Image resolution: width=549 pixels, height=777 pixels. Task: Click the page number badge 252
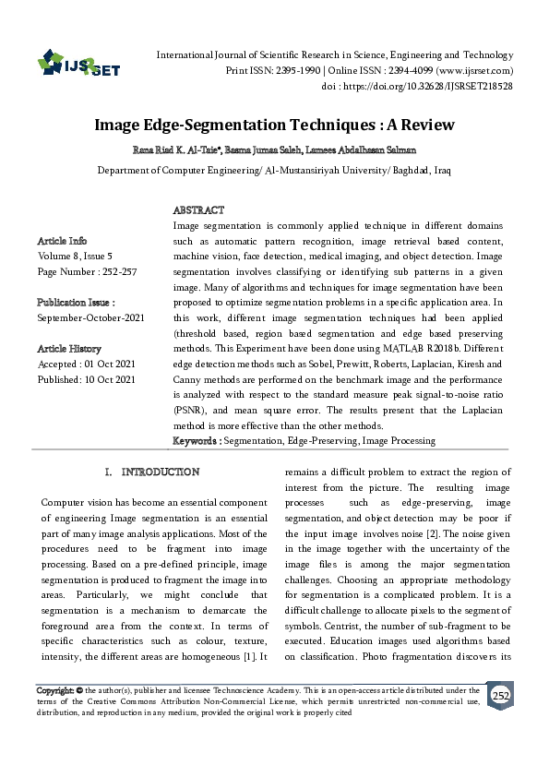(498, 696)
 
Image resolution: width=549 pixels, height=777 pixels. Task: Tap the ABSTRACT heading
(198, 211)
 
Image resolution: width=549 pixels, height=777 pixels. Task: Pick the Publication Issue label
(76, 303)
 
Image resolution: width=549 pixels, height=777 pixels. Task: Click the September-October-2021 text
(91, 317)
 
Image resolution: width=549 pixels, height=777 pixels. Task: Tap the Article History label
(70, 349)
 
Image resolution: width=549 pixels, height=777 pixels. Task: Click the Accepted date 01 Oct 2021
(106, 364)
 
